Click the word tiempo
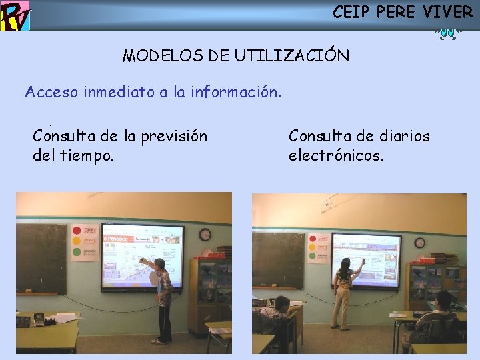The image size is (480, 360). click(87, 156)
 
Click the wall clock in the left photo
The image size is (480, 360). click(205, 234)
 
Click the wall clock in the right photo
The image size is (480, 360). click(419, 243)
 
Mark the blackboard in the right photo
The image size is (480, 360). click(278, 260)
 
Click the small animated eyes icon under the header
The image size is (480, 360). click(446, 32)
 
